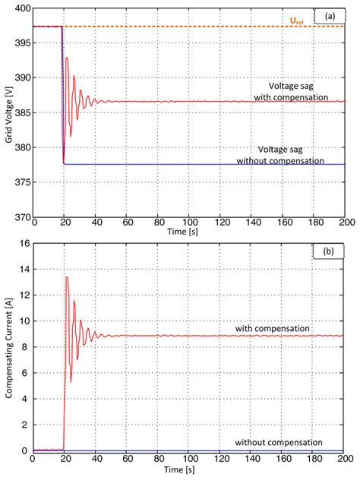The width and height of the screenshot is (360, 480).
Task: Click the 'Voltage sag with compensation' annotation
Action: click(292, 91)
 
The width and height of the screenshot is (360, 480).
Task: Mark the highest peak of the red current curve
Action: click(67, 277)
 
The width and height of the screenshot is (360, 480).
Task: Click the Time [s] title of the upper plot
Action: click(187, 229)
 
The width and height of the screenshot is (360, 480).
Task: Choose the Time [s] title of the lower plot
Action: click(187, 471)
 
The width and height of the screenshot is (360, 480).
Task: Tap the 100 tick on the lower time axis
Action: click(187, 459)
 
